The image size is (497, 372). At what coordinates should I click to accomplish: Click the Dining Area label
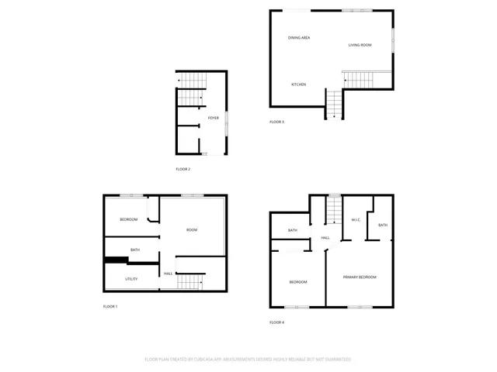tap(299, 37)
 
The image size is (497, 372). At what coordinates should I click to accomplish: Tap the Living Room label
tap(360, 45)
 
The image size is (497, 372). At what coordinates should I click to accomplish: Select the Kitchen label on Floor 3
tap(298, 84)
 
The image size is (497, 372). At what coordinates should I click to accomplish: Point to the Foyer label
tap(212, 118)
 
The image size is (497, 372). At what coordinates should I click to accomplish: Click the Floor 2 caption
tap(182, 169)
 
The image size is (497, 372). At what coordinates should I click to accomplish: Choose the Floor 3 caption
tap(277, 122)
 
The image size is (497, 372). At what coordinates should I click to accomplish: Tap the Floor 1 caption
tap(110, 307)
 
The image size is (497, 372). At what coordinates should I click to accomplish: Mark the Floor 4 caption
tap(277, 322)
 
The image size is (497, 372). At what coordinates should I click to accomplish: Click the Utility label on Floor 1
tap(131, 279)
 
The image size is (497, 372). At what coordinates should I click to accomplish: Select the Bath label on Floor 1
tap(135, 250)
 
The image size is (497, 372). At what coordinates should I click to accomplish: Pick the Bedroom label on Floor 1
tap(128, 220)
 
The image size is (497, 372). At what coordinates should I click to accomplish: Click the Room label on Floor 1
tap(191, 230)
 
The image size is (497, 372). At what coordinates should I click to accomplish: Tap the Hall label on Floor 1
tap(168, 274)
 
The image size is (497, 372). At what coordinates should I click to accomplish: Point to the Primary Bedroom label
tap(360, 277)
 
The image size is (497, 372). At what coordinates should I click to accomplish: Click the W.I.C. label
tap(355, 219)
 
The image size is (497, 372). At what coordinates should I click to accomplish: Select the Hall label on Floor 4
tap(325, 238)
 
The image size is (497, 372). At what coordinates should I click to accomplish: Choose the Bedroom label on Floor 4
tap(298, 281)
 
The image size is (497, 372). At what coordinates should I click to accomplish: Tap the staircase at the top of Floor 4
tap(333, 209)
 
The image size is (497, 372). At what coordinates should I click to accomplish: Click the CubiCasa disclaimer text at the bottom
tap(248, 360)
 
